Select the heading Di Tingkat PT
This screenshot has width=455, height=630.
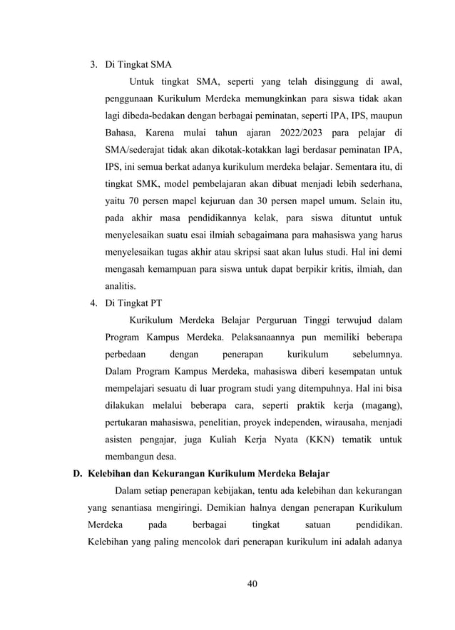pyautogui.click(x=133, y=302)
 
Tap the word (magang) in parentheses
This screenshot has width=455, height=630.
pyautogui.click(x=379, y=406)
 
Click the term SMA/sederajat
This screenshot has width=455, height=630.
pyautogui.click(x=136, y=151)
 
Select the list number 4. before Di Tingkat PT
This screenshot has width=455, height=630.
pyautogui.click(x=93, y=302)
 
